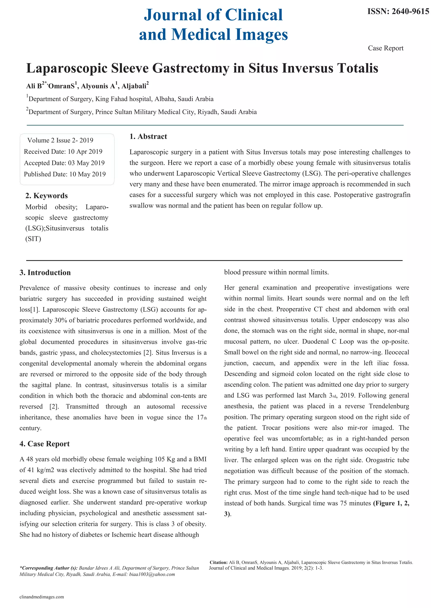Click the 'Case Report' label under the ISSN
point(385,48)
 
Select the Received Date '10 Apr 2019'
point(85,152)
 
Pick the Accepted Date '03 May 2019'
point(86,163)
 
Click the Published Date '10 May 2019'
point(87,174)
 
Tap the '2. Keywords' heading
point(47,196)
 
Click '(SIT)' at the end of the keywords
point(33,239)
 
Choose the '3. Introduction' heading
point(45,273)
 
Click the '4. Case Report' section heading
point(45,444)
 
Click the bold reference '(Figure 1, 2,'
point(391,503)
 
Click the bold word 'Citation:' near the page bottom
point(218,562)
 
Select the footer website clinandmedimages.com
point(42,597)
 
